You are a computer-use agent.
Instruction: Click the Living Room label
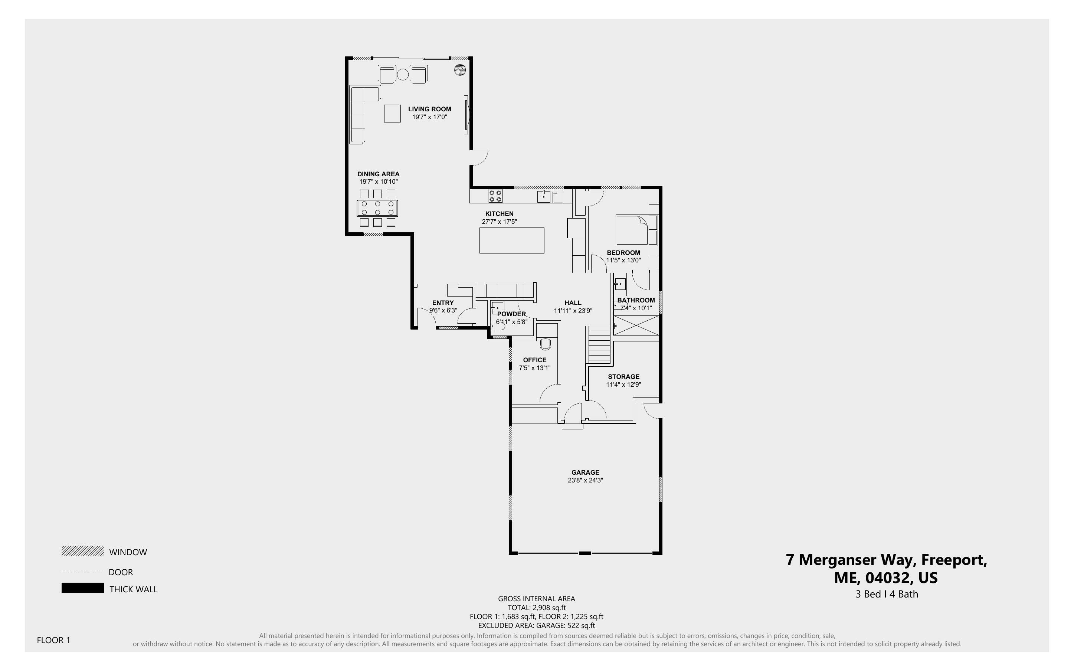[429, 109]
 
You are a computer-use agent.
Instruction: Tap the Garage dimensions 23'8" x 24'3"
[585, 481]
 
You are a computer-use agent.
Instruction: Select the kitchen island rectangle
[511, 240]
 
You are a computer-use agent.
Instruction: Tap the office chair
[546, 344]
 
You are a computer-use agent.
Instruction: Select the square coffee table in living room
[392, 113]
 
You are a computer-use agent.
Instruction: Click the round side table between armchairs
[402, 75]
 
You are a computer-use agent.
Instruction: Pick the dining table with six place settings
[377, 208]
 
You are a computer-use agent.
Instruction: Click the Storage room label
[623, 377]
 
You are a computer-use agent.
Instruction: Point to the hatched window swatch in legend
[82, 551]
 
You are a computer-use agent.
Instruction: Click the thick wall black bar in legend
[82, 588]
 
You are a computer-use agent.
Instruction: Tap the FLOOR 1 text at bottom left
[53, 640]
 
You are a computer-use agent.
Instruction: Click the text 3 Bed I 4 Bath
[886, 594]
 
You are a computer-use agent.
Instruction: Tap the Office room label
[534, 360]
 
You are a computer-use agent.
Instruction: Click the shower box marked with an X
[636, 325]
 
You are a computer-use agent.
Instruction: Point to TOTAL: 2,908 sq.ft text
[536, 608]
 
